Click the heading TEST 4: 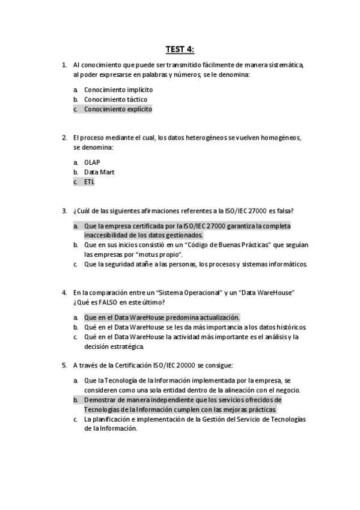[x=180, y=49]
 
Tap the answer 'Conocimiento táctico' [x=115, y=99]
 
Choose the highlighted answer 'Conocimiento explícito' [x=118, y=109]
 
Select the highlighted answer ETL [x=90, y=182]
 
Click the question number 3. [x=64, y=210]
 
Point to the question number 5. [x=64, y=364]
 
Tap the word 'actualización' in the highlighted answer [x=219, y=317]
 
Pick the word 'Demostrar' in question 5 [x=99, y=399]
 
